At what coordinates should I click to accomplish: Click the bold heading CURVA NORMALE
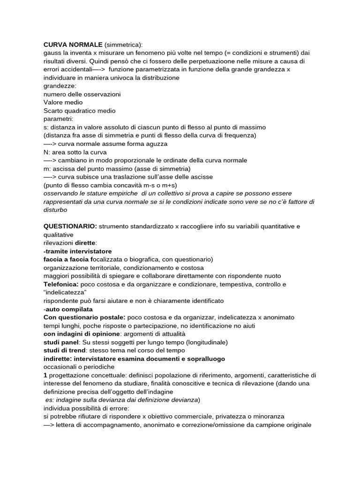click(73, 45)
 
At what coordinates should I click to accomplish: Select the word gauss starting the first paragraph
click(52, 53)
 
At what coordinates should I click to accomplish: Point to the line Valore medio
click(63, 102)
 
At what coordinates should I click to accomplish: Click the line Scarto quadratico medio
click(79, 111)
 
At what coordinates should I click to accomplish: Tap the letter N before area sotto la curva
click(46, 152)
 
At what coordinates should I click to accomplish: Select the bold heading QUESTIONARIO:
click(70, 226)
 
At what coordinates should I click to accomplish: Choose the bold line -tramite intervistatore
click(77, 251)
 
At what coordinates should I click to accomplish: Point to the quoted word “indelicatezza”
click(65, 292)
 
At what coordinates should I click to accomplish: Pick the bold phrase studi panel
click(61, 342)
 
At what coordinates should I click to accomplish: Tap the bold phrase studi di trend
click(65, 350)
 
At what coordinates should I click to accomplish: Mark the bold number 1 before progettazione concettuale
click(45, 375)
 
